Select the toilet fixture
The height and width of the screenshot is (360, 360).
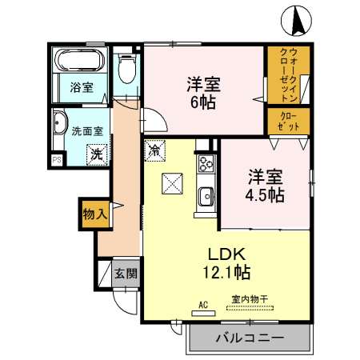point(126,71)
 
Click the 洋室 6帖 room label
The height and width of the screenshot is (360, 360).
point(205,91)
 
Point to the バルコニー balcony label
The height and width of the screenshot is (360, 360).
point(250,338)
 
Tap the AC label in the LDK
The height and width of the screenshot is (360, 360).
point(203,304)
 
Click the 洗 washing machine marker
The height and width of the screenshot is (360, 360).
point(96,153)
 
